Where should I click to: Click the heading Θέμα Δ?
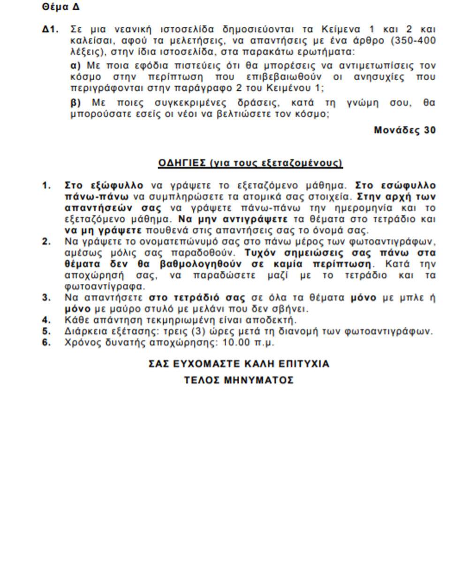[x=61, y=7]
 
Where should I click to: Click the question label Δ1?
[x=51, y=29]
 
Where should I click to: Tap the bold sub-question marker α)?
[x=76, y=65]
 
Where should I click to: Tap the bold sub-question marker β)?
[x=76, y=103]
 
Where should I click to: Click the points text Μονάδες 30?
[x=405, y=130]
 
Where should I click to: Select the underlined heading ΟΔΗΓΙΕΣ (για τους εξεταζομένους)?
[x=250, y=163]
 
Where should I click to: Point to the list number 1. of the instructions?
[x=46, y=185]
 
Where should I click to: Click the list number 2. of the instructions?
[x=46, y=242]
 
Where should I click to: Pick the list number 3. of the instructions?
[x=46, y=297]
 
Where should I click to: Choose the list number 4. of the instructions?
[x=46, y=320]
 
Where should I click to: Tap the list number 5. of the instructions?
[x=46, y=331]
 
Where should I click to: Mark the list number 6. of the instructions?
[x=46, y=342]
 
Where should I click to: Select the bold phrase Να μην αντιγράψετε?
[x=233, y=219]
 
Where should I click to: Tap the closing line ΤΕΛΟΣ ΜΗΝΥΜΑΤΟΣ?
[x=239, y=380]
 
